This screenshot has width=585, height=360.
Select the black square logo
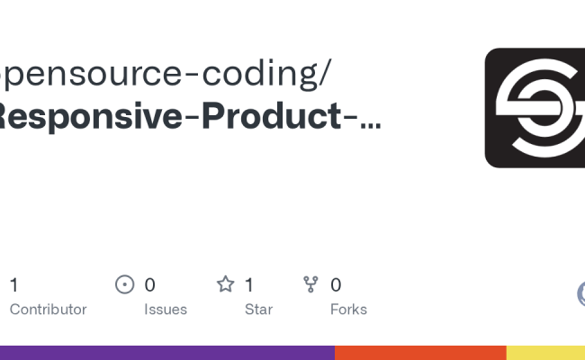pos(535,108)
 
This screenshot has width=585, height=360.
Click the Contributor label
pos(48,309)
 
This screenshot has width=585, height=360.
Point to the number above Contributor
pos(13,285)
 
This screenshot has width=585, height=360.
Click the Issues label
pos(166,309)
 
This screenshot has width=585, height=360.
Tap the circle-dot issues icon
pos(125,285)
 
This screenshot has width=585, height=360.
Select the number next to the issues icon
pos(149,285)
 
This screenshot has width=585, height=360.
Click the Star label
pos(259,309)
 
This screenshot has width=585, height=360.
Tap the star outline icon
pos(225,285)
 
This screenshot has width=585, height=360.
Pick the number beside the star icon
pos(249,285)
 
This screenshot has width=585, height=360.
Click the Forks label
pos(348,309)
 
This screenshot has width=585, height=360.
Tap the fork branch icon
pos(311,285)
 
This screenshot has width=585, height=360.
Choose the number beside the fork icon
pos(336,285)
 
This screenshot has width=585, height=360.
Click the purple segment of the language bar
pos(166,353)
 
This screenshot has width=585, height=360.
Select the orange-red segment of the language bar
pos(420,353)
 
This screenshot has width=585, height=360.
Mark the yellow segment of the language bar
pos(545,353)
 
